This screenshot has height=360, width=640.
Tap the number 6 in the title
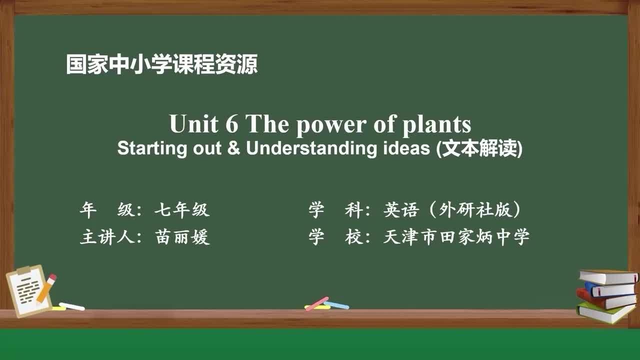point(232,124)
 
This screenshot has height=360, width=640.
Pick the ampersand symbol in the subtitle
point(233,148)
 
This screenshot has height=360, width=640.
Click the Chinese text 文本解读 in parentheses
point(479,149)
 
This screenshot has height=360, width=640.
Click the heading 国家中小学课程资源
point(161,65)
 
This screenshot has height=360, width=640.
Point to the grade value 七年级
point(181,210)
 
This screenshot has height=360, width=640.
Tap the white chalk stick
point(72,306)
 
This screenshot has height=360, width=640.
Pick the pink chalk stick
point(317,303)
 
